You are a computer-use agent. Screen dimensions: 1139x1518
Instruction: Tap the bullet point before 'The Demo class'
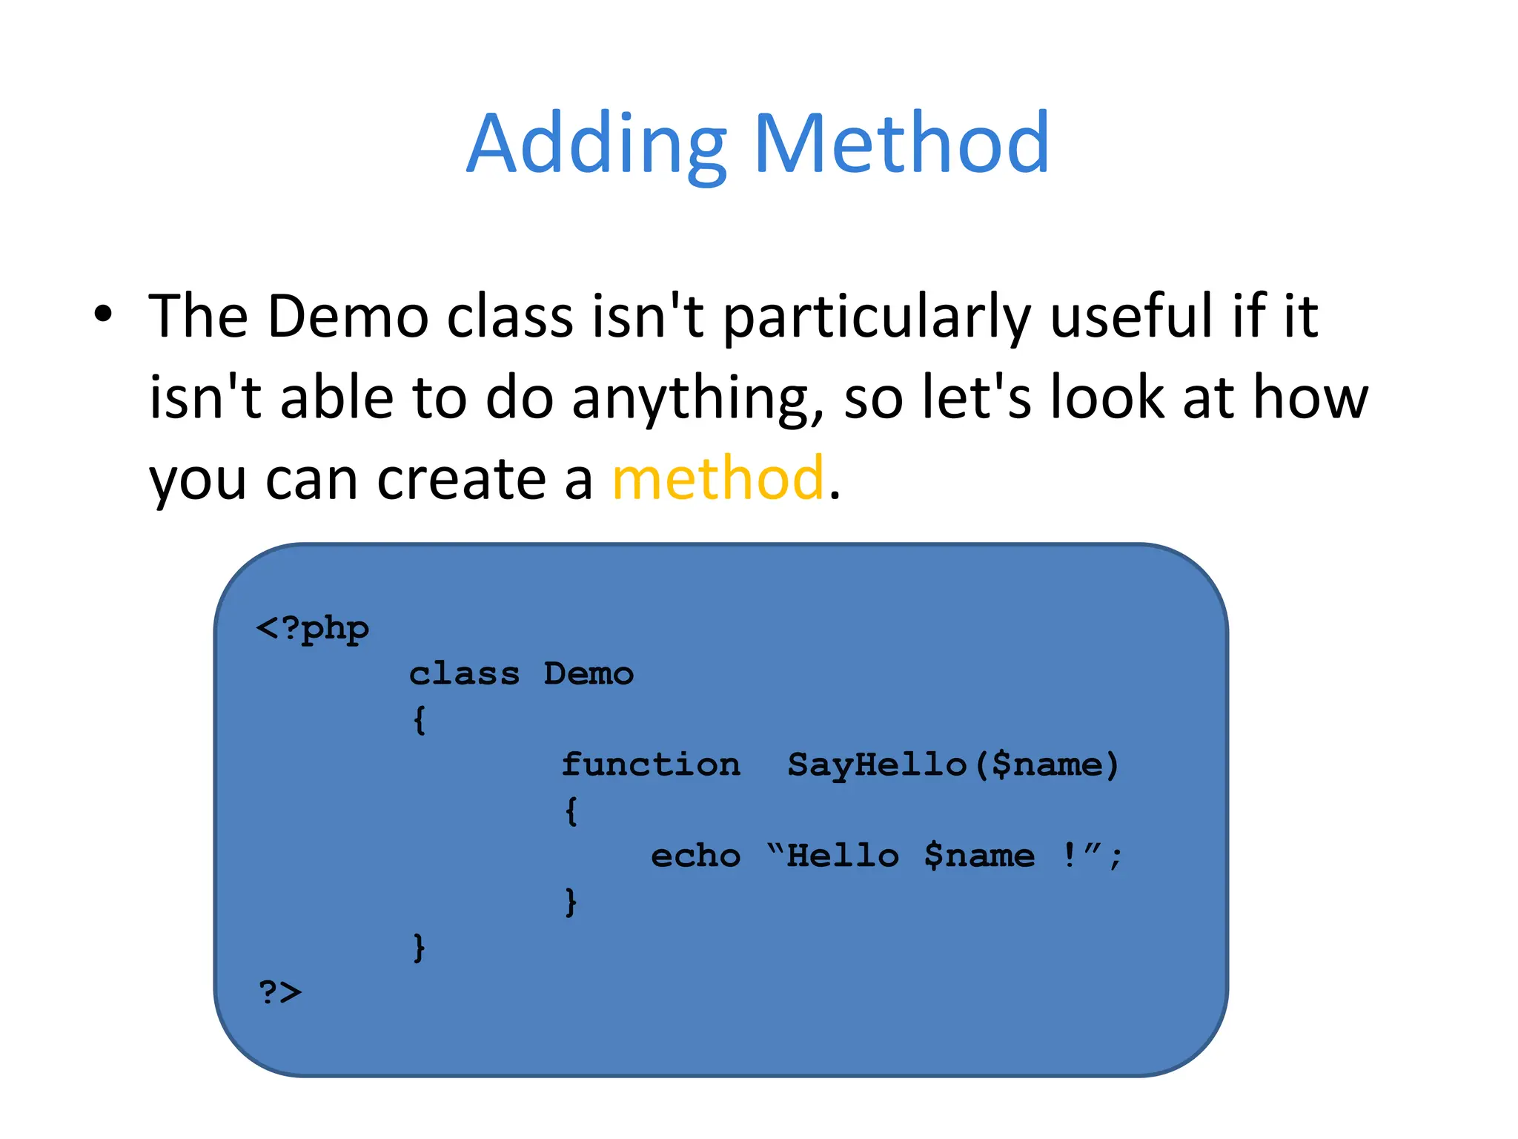[x=103, y=314]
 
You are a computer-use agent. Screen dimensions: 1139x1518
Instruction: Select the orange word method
[x=717, y=478]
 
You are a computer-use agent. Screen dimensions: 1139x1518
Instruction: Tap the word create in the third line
[x=462, y=479]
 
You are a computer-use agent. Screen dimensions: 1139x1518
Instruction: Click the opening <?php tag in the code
[x=312, y=629]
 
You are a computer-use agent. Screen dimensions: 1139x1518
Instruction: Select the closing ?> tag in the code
[x=279, y=992]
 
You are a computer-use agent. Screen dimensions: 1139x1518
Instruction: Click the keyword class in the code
[x=464, y=674]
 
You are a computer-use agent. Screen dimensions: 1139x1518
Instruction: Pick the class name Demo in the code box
[x=589, y=674]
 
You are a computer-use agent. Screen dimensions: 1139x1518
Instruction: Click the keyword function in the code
[x=650, y=765]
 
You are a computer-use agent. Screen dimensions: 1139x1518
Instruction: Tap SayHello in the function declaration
[x=877, y=765]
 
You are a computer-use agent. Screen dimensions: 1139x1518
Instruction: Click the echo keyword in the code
[x=695, y=856]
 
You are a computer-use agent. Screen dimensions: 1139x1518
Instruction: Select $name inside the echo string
[x=978, y=856]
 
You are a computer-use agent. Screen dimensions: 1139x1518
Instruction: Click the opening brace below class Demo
[x=420, y=720]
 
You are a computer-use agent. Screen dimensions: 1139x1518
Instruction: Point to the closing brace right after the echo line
[x=571, y=902]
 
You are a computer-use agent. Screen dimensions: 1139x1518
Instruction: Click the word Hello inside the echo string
[x=843, y=856]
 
